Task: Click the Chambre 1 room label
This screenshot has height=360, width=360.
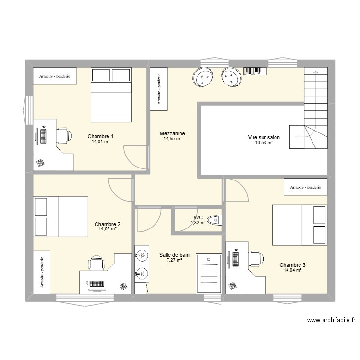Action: point(100,136)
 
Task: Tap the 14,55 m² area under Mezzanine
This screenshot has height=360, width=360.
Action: point(172,139)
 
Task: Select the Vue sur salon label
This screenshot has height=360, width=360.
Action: point(264,137)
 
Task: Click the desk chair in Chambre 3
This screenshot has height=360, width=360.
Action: point(255,258)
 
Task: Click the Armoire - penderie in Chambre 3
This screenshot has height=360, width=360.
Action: point(305,187)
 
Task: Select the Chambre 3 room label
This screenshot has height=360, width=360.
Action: point(292,265)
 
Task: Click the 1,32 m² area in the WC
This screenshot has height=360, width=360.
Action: point(198,223)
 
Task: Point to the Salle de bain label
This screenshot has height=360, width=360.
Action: point(174,255)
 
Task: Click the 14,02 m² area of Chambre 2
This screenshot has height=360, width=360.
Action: point(108,229)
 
